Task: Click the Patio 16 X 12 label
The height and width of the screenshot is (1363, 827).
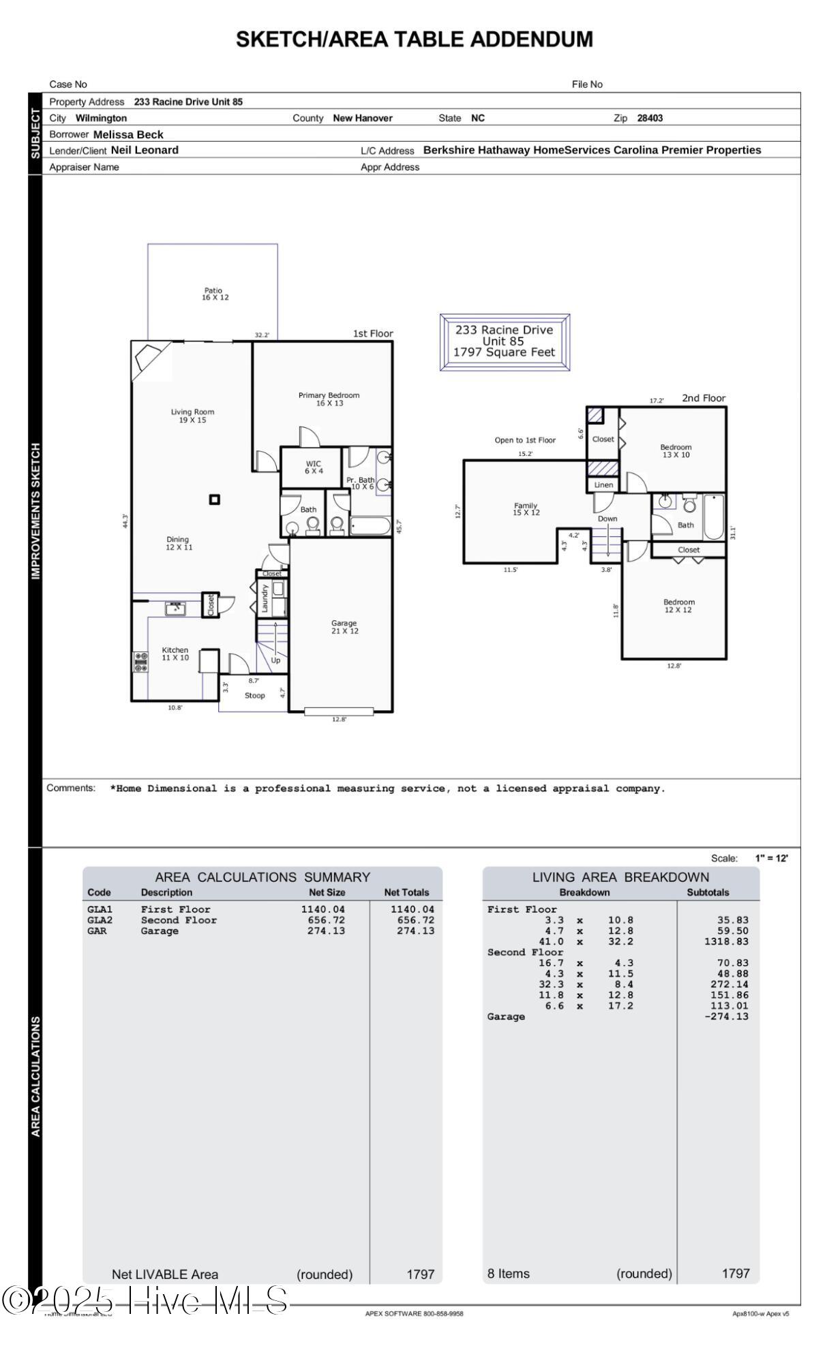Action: click(214, 294)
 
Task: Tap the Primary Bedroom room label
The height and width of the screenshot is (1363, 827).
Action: click(329, 399)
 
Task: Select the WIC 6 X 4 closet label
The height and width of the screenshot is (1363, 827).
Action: click(314, 468)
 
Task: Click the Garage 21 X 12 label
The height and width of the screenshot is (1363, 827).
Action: click(344, 627)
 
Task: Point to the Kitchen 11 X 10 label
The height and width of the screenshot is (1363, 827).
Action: click(175, 654)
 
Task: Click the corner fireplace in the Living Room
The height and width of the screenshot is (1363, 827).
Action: click(148, 357)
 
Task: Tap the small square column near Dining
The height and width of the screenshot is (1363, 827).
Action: click(215, 500)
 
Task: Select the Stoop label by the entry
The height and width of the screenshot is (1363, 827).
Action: click(254, 696)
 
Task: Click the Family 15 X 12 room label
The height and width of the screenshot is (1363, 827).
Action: click(526, 509)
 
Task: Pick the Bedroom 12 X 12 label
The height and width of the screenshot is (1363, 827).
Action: click(678, 606)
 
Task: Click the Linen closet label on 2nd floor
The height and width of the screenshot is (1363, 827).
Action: click(603, 485)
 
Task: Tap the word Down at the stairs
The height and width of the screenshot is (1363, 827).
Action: click(607, 519)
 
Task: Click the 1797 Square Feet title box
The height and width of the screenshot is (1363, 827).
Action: click(505, 341)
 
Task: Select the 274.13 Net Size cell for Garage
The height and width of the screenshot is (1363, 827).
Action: click(326, 931)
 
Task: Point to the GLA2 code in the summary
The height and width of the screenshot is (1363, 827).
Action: click(100, 920)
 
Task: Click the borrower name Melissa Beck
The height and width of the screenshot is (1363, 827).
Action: click(128, 135)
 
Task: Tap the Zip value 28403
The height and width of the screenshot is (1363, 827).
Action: click(649, 118)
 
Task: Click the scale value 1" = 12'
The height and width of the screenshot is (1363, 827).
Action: click(771, 859)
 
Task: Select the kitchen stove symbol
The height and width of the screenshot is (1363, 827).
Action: click(141, 662)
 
